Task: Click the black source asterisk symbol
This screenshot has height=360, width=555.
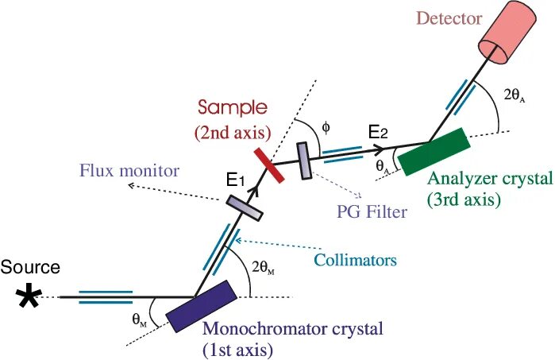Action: click(29, 297)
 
